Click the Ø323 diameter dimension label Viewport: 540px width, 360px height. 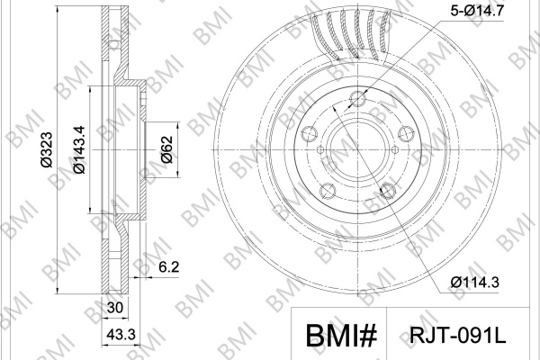pyautogui.click(x=47, y=149)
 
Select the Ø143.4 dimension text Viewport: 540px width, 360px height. pyautogui.click(x=79, y=149)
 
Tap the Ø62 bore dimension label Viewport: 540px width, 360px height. pyautogui.click(x=167, y=149)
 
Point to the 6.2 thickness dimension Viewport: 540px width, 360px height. pyautogui.click(x=169, y=266)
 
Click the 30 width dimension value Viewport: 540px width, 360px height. pyautogui.click(x=114, y=308)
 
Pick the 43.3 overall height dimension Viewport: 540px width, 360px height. pyautogui.click(x=121, y=334)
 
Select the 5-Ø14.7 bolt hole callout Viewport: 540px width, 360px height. pyautogui.click(x=477, y=10)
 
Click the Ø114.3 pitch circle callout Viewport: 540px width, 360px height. pyautogui.click(x=474, y=283)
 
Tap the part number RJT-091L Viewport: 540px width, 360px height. pyautogui.click(x=457, y=334)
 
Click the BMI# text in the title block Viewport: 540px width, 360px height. pyautogui.click(x=341, y=335)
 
